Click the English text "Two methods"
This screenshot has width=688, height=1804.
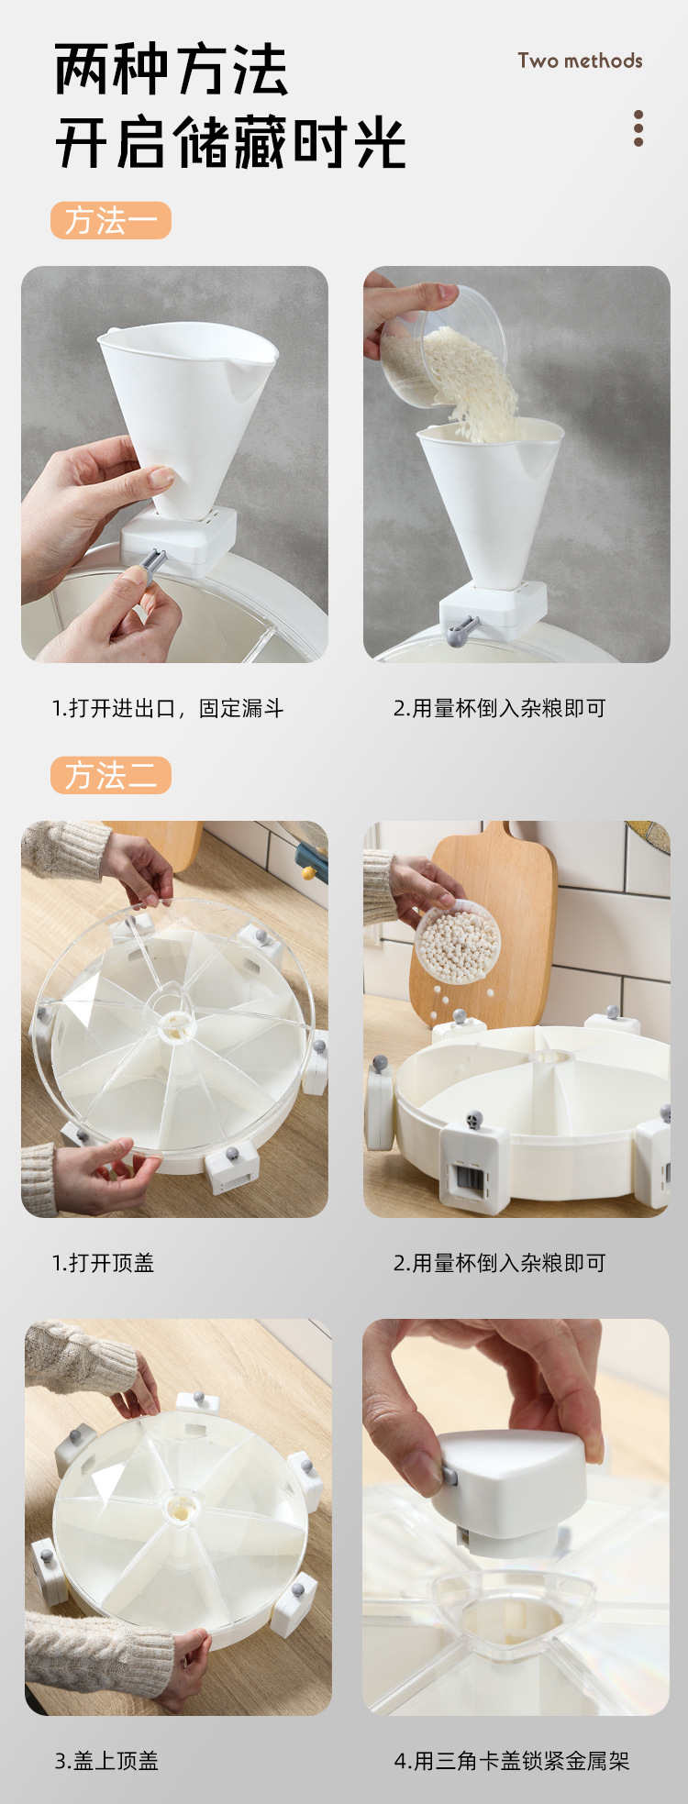[580, 61]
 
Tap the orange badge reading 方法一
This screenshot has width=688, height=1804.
[111, 220]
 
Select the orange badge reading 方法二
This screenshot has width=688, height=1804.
[111, 775]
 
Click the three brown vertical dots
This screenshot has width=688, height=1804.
[638, 128]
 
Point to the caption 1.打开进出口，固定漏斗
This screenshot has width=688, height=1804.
[168, 708]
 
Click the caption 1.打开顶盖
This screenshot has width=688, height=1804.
[103, 1263]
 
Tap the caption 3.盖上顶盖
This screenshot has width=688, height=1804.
[106, 1761]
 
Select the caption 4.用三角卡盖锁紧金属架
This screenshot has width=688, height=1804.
[512, 1761]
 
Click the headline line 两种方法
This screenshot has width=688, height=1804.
[172, 70]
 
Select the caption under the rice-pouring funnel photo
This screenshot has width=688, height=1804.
[500, 708]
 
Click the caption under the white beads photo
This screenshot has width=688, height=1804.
[500, 1263]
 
